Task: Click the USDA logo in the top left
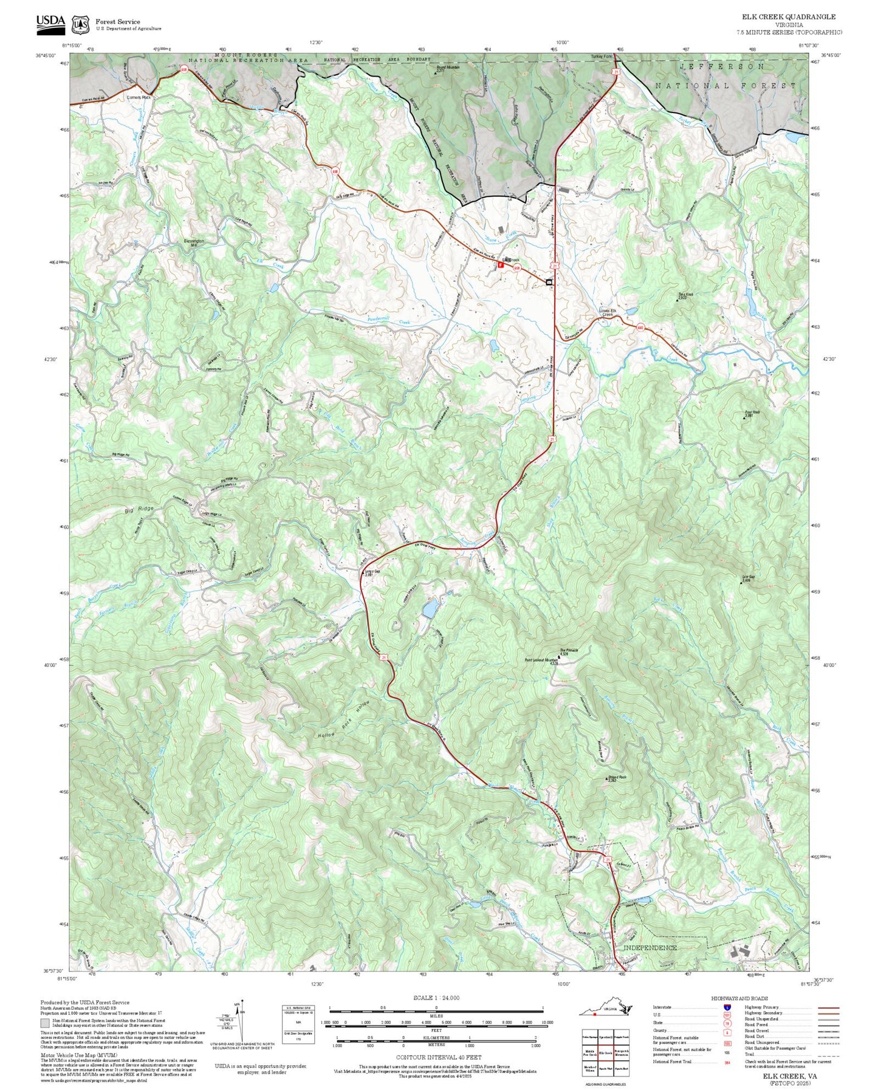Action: tap(50, 22)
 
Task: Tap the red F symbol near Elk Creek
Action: tap(501, 265)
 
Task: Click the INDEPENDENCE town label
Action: tap(650, 947)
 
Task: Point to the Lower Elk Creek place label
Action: tap(608, 313)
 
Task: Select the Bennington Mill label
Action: tap(194, 243)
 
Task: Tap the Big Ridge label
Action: tap(139, 509)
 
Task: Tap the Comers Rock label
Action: tap(139, 97)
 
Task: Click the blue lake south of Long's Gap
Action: tap(430, 609)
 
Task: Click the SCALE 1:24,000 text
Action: tap(436, 998)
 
